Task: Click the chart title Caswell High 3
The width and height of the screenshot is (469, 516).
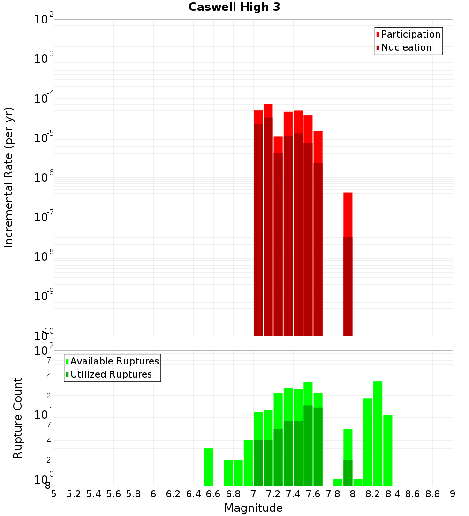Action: point(234,8)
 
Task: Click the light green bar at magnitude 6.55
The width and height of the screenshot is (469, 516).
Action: point(208,467)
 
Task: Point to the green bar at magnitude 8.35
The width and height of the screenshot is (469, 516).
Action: point(387,450)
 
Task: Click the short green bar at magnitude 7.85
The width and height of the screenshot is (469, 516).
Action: point(338,482)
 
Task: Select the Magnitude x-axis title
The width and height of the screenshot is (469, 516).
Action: point(253,508)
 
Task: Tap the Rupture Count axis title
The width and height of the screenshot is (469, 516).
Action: point(18,417)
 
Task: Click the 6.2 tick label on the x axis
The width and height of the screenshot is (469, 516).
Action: point(173,493)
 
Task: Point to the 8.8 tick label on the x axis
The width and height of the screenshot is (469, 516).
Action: point(432,493)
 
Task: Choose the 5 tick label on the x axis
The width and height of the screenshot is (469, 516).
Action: point(54,493)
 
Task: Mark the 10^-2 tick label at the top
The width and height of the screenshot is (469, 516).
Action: point(44,20)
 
